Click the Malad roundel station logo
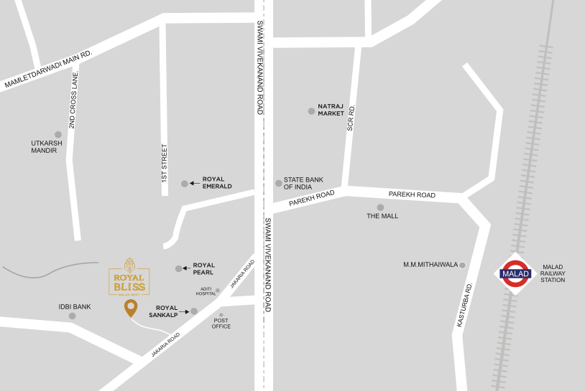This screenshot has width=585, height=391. (x=515, y=273)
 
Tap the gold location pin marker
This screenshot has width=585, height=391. (x=130, y=308)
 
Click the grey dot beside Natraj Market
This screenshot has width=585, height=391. (x=311, y=111)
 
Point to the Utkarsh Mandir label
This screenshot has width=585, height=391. (x=47, y=147)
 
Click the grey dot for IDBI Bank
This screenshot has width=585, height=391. (x=72, y=316)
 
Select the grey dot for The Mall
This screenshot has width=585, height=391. (x=381, y=207)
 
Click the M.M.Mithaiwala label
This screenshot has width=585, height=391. (x=430, y=265)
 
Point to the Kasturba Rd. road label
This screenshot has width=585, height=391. (x=464, y=306)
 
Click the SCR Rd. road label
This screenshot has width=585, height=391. (x=351, y=116)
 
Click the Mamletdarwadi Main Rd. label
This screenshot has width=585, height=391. (x=49, y=70)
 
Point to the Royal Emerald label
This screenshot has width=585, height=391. (x=217, y=182)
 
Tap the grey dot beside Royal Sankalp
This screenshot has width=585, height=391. (x=194, y=311)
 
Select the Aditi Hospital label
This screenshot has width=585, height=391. (x=206, y=291)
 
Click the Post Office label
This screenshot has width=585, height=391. (x=221, y=324)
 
